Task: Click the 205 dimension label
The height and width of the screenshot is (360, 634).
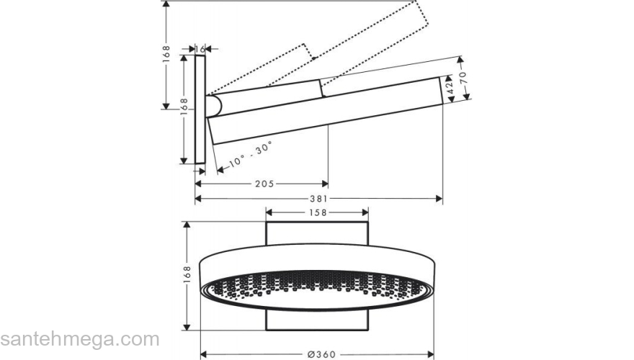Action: tap(264, 184)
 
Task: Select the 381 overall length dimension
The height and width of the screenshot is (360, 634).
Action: tap(318, 199)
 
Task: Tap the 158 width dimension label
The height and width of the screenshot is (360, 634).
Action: tap(318, 212)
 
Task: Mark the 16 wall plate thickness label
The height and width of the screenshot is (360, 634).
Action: tap(200, 48)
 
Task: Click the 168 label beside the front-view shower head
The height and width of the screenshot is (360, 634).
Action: tap(187, 275)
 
